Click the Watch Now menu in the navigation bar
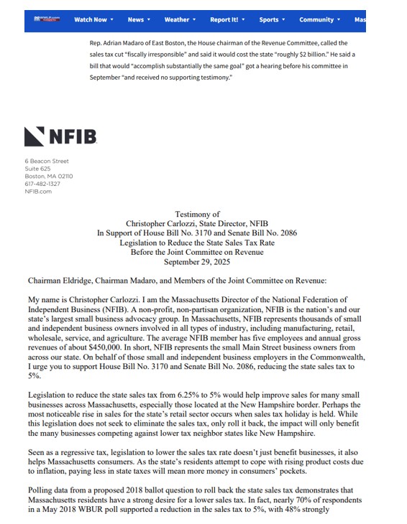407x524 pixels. click(93, 20)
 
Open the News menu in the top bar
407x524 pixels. click(138, 20)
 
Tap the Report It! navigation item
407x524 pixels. click(227, 20)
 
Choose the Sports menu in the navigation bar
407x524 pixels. click(272, 20)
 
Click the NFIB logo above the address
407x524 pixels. click(57, 136)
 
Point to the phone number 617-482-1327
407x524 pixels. click(42, 184)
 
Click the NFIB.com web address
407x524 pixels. click(38, 192)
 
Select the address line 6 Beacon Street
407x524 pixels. click(47, 162)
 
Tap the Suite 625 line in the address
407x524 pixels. click(38, 169)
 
